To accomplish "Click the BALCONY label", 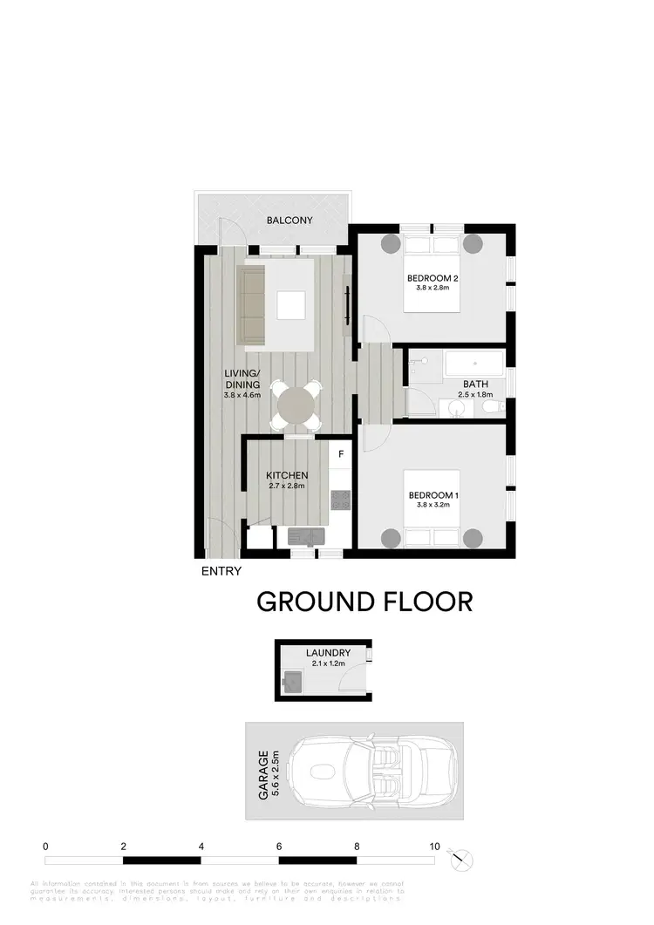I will point(289,221).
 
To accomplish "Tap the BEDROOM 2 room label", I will point(433,279).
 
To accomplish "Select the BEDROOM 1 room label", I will point(433,496).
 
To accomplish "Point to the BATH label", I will point(475,384).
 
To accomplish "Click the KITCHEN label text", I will point(286,475).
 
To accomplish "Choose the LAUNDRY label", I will point(328,653).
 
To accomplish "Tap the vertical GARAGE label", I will point(262,775).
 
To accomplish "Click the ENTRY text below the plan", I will point(221,572).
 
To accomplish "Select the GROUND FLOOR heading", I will point(364,602).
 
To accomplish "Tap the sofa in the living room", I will point(252,306).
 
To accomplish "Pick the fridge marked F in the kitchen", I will point(341,454).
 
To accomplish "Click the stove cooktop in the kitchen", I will point(340,500).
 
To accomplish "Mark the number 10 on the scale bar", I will point(433,846).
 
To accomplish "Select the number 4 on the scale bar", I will point(201,846).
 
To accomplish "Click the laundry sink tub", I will point(292,681).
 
